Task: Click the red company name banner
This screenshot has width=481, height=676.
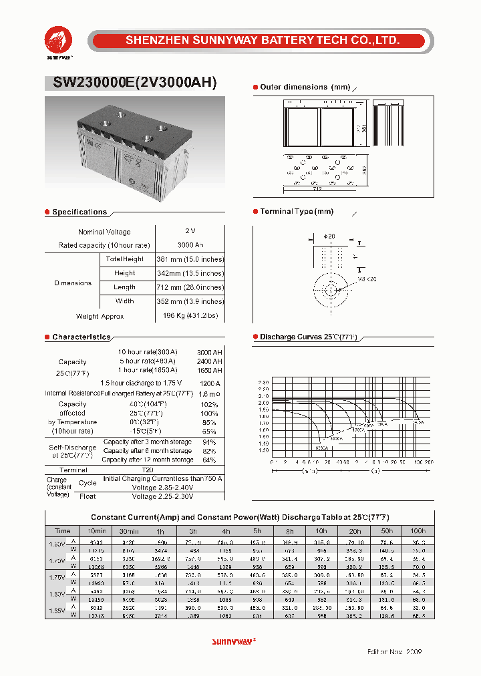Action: pos(263,41)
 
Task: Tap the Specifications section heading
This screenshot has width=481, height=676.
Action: pos(79,212)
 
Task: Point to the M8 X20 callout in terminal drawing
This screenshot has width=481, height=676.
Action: pos(367,279)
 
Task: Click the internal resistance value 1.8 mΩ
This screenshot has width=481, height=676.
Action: pos(209,394)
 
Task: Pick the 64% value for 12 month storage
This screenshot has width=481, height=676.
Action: pos(209,460)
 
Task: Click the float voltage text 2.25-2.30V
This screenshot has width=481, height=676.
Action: pos(162,496)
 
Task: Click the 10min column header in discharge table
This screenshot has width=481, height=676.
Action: pos(96,530)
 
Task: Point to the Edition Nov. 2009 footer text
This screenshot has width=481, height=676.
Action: pos(395,651)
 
